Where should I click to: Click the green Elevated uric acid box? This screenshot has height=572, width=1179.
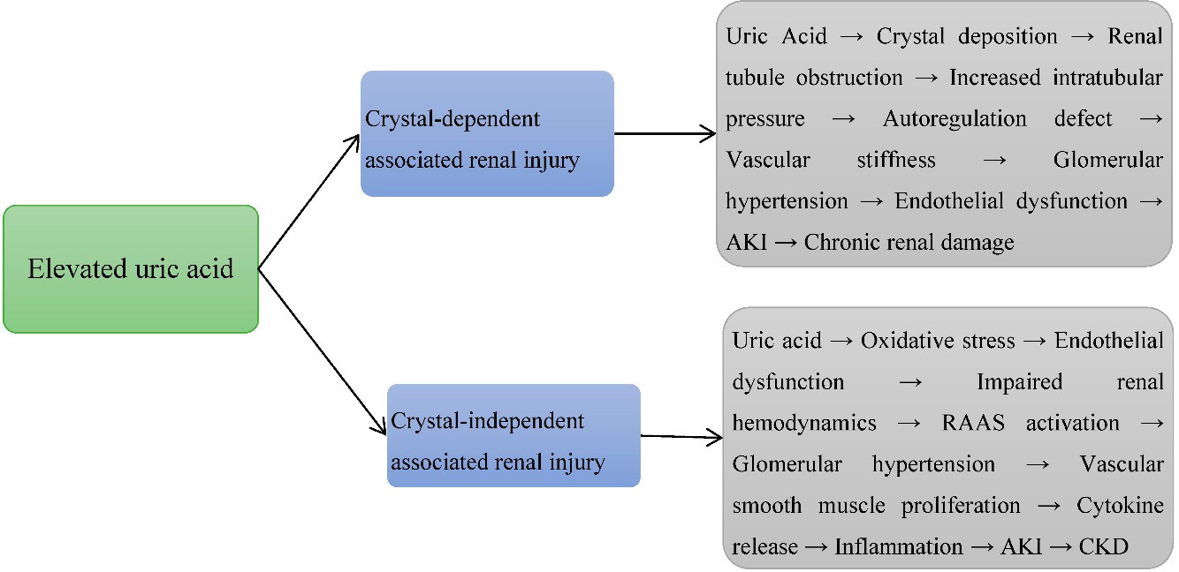point(131,268)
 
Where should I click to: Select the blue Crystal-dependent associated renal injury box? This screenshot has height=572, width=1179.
point(487,133)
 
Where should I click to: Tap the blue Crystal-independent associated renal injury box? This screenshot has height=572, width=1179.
point(513,435)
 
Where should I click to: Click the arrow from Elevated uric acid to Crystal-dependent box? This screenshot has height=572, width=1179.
point(308,201)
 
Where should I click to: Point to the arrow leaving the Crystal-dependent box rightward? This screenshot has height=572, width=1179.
point(665,134)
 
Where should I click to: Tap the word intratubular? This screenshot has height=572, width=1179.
point(1107,79)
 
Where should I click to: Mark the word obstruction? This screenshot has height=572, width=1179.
point(849,79)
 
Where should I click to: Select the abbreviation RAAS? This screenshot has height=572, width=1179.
point(973,423)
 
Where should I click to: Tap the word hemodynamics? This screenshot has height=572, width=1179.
point(804,423)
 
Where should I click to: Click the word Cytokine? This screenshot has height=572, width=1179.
point(1120,506)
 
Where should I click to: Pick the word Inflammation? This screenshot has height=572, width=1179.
point(898,547)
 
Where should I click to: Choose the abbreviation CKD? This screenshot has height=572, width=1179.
point(1104,547)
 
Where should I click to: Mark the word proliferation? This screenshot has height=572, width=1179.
point(961,506)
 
